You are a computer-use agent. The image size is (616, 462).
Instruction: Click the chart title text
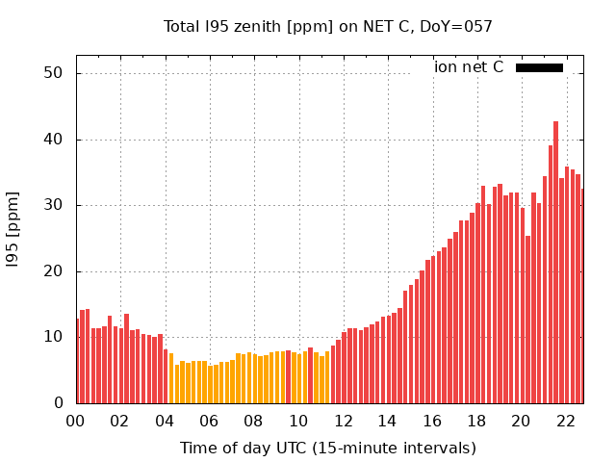[327, 26]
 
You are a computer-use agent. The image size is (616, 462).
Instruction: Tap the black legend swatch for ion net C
[539, 67]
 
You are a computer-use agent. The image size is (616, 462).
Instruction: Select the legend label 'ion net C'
[469, 67]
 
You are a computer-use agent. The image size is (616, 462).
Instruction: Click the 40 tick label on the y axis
[53, 140]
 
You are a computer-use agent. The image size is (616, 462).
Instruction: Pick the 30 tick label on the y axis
[53, 205]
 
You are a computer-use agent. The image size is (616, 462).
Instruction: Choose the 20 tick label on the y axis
[53, 271]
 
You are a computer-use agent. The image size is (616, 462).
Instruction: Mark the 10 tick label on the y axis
[53, 337]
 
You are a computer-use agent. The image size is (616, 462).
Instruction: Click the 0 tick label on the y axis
[58, 403]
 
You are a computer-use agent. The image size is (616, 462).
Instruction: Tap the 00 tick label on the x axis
[75, 422]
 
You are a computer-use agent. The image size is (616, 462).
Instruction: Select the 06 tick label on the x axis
[209, 422]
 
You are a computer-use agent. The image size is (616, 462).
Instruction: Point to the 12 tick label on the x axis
[343, 422]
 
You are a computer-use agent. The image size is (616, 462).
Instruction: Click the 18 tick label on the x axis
[476, 422]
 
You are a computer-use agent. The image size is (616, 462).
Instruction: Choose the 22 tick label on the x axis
[565, 422]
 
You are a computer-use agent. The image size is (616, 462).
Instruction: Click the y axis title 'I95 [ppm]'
[13, 237]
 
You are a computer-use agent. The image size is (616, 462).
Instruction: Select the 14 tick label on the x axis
[387, 422]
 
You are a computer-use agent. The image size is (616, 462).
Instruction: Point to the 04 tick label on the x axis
[165, 422]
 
